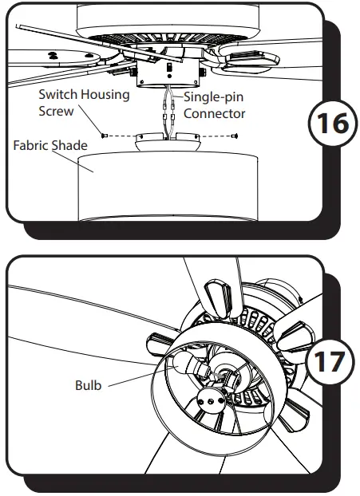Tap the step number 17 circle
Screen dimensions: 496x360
[327, 361]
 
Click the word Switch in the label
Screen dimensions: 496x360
[59, 95]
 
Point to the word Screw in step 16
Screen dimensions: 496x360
[56, 112]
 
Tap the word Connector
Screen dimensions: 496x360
[214, 114]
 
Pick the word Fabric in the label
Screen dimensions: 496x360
[31, 147]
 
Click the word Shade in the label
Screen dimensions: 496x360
[71, 147]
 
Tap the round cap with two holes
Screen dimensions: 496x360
[211, 403]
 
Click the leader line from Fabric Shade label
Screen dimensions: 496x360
[84, 159]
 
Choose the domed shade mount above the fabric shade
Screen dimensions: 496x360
[168, 144]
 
